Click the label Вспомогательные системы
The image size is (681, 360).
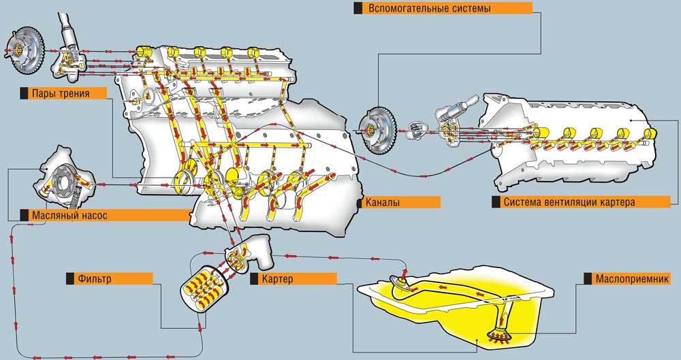tap(429, 9)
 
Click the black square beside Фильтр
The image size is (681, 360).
tap(69, 278)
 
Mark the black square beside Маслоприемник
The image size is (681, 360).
tap(587, 279)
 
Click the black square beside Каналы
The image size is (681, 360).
tap(359, 202)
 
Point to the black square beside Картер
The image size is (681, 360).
tap(254, 278)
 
